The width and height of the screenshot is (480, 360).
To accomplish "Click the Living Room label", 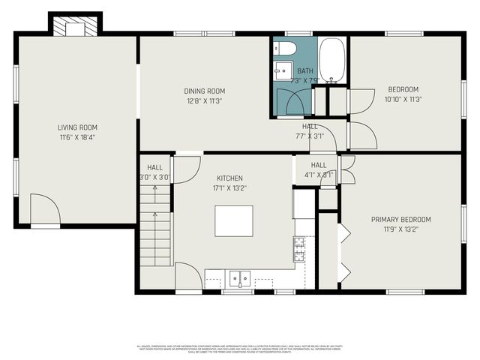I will [77, 127].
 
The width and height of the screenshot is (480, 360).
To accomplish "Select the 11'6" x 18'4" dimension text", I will [77, 137].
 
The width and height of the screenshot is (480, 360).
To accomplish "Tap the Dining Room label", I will [205, 91].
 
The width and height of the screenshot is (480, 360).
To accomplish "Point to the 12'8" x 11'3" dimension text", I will [205, 100].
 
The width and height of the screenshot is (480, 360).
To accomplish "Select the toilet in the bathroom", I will [286, 49].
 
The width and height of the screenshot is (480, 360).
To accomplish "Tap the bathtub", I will [331, 60].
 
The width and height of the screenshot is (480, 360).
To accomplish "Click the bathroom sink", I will [282, 72].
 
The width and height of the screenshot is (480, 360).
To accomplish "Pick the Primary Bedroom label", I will [401, 220].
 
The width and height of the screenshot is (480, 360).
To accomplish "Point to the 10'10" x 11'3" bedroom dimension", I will [403, 99].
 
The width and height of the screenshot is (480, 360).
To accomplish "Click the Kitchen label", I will [229, 178].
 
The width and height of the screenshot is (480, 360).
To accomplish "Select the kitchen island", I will [233, 221].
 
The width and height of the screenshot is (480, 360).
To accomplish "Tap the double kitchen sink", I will [240, 278].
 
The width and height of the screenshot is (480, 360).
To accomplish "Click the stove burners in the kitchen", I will [299, 248].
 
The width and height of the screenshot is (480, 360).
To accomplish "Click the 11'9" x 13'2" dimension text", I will [401, 229].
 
